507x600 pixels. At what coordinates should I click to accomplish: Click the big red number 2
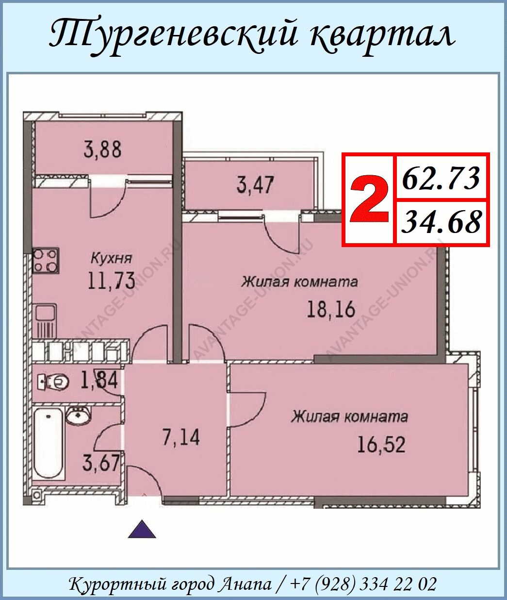pos(369,199)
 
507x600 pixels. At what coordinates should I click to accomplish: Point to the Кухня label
pos(112,258)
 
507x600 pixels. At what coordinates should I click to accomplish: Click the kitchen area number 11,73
pos(112,281)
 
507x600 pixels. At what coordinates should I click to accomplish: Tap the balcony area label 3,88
pos(102,150)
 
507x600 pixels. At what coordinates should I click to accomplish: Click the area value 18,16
pos(331,309)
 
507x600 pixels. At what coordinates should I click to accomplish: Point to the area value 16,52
pos(381,444)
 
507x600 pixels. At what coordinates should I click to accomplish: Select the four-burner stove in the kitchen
pos(46,260)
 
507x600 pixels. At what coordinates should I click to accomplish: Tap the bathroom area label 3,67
pos(101,464)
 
